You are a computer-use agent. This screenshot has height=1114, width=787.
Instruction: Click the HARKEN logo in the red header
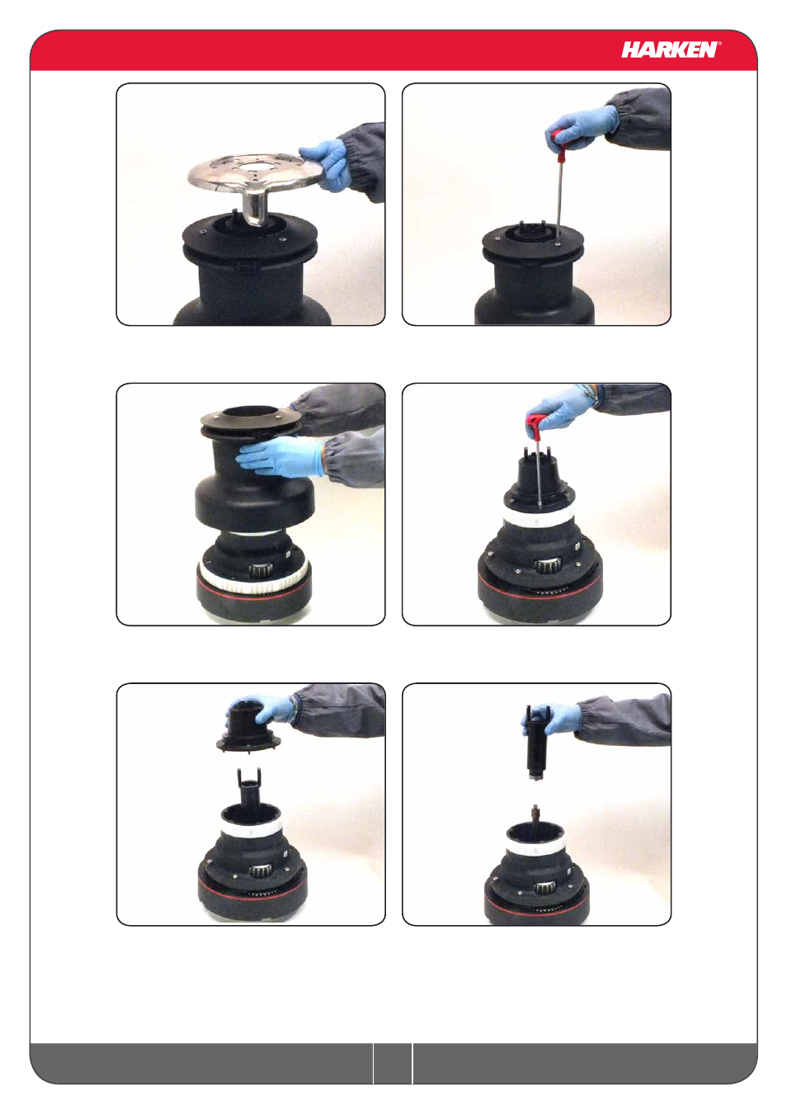click(669, 50)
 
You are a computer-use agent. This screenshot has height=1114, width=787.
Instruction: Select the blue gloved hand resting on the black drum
click(278, 457)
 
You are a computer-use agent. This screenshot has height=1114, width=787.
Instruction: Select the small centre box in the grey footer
click(393, 1064)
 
